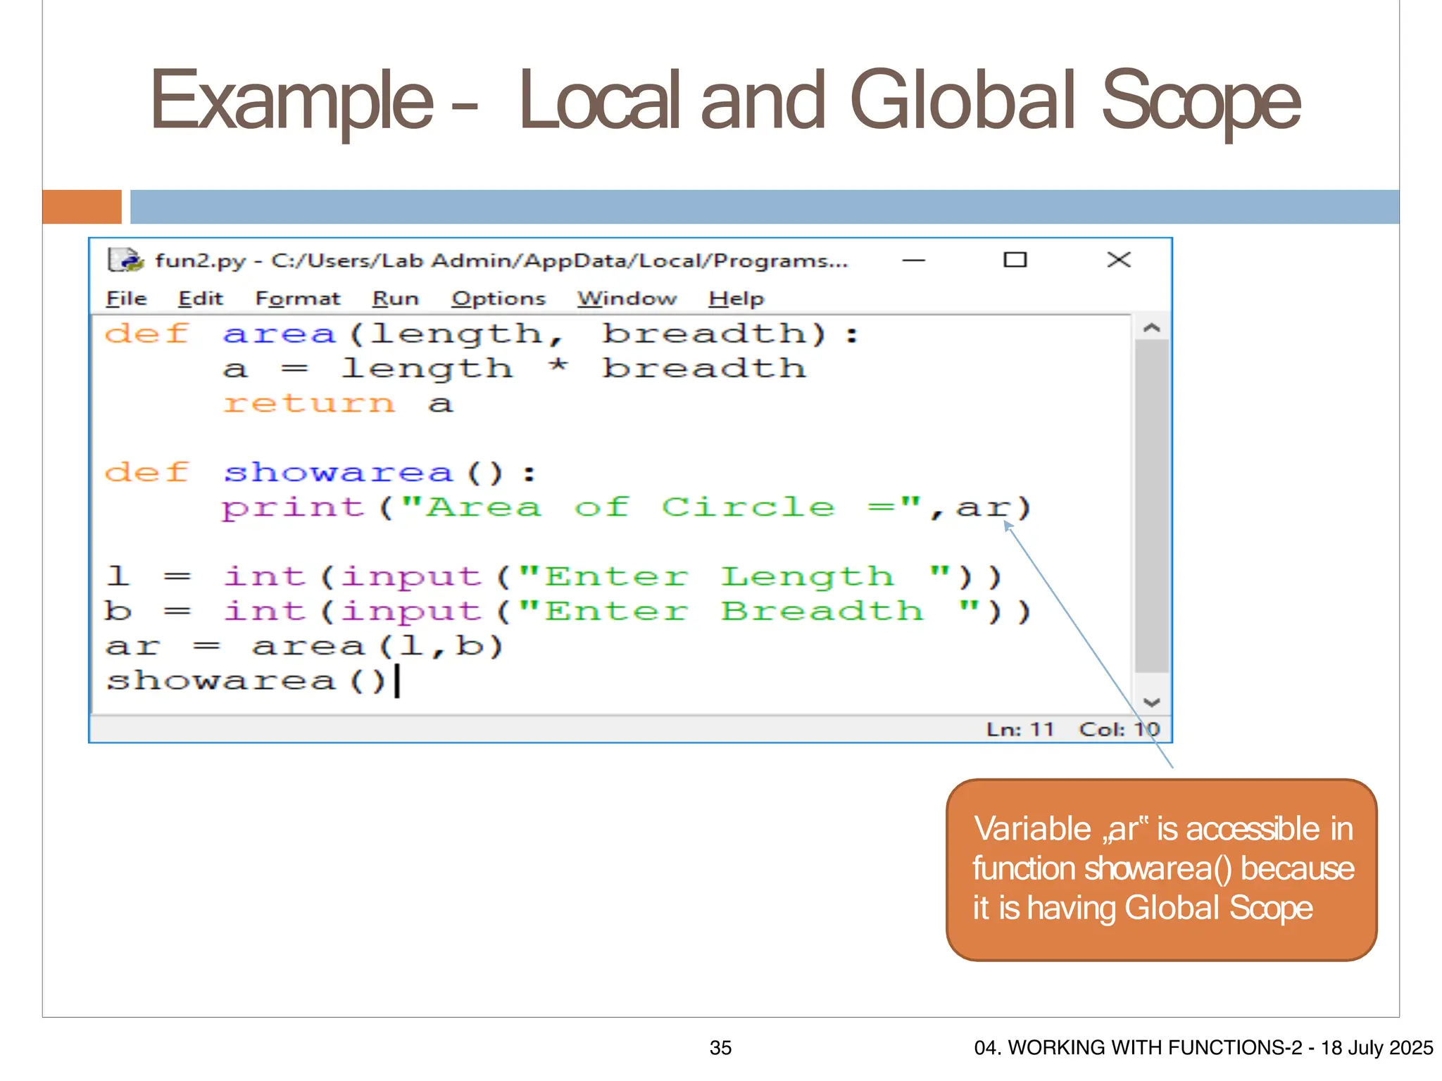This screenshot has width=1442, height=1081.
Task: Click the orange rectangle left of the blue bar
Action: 82,207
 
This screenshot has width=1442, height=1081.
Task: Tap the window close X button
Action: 1118,260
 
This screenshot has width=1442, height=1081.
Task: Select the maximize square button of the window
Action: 1015,260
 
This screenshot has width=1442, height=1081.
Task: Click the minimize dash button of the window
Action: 913,260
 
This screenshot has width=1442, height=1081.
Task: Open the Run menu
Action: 395,298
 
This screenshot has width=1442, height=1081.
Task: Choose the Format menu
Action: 297,298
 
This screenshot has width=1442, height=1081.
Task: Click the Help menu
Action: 736,298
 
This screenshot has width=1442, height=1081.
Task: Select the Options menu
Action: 498,298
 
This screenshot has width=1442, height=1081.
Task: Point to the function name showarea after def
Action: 338,472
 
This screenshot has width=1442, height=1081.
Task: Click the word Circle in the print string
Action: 748,507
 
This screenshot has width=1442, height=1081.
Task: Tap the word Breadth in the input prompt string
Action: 822,611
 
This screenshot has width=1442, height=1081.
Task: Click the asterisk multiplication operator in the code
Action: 558,367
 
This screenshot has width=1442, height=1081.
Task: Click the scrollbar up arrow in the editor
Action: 1152,328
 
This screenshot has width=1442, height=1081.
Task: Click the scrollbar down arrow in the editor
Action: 1152,702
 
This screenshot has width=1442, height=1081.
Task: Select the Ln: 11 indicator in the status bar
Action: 1020,729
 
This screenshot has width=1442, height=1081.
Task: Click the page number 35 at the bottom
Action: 720,1047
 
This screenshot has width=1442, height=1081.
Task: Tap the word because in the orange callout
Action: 1297,868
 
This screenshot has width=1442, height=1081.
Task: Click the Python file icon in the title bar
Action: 125,260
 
